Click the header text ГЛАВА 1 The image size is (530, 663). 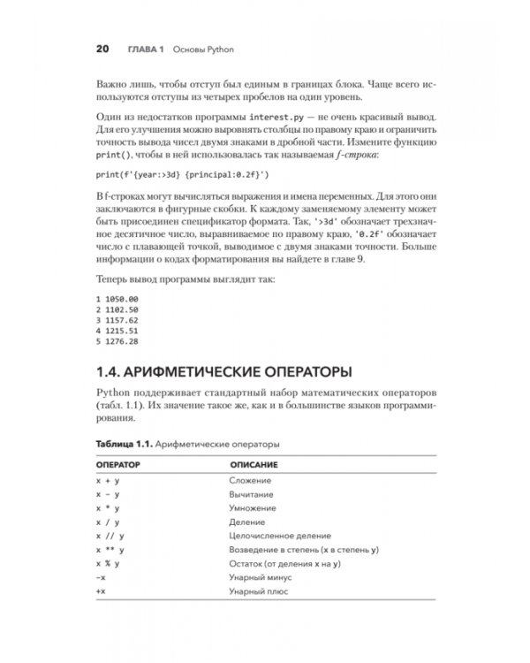point(141,47)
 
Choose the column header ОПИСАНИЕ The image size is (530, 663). point(255,463)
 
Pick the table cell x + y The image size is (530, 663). point(107,480)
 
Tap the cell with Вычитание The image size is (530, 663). point(251,494)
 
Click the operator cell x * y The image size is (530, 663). point(107,508)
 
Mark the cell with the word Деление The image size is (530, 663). point(246,522)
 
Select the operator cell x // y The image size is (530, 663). point(109,536)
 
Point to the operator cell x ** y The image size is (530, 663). point(109,549)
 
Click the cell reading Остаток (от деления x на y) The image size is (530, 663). point(284,563)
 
